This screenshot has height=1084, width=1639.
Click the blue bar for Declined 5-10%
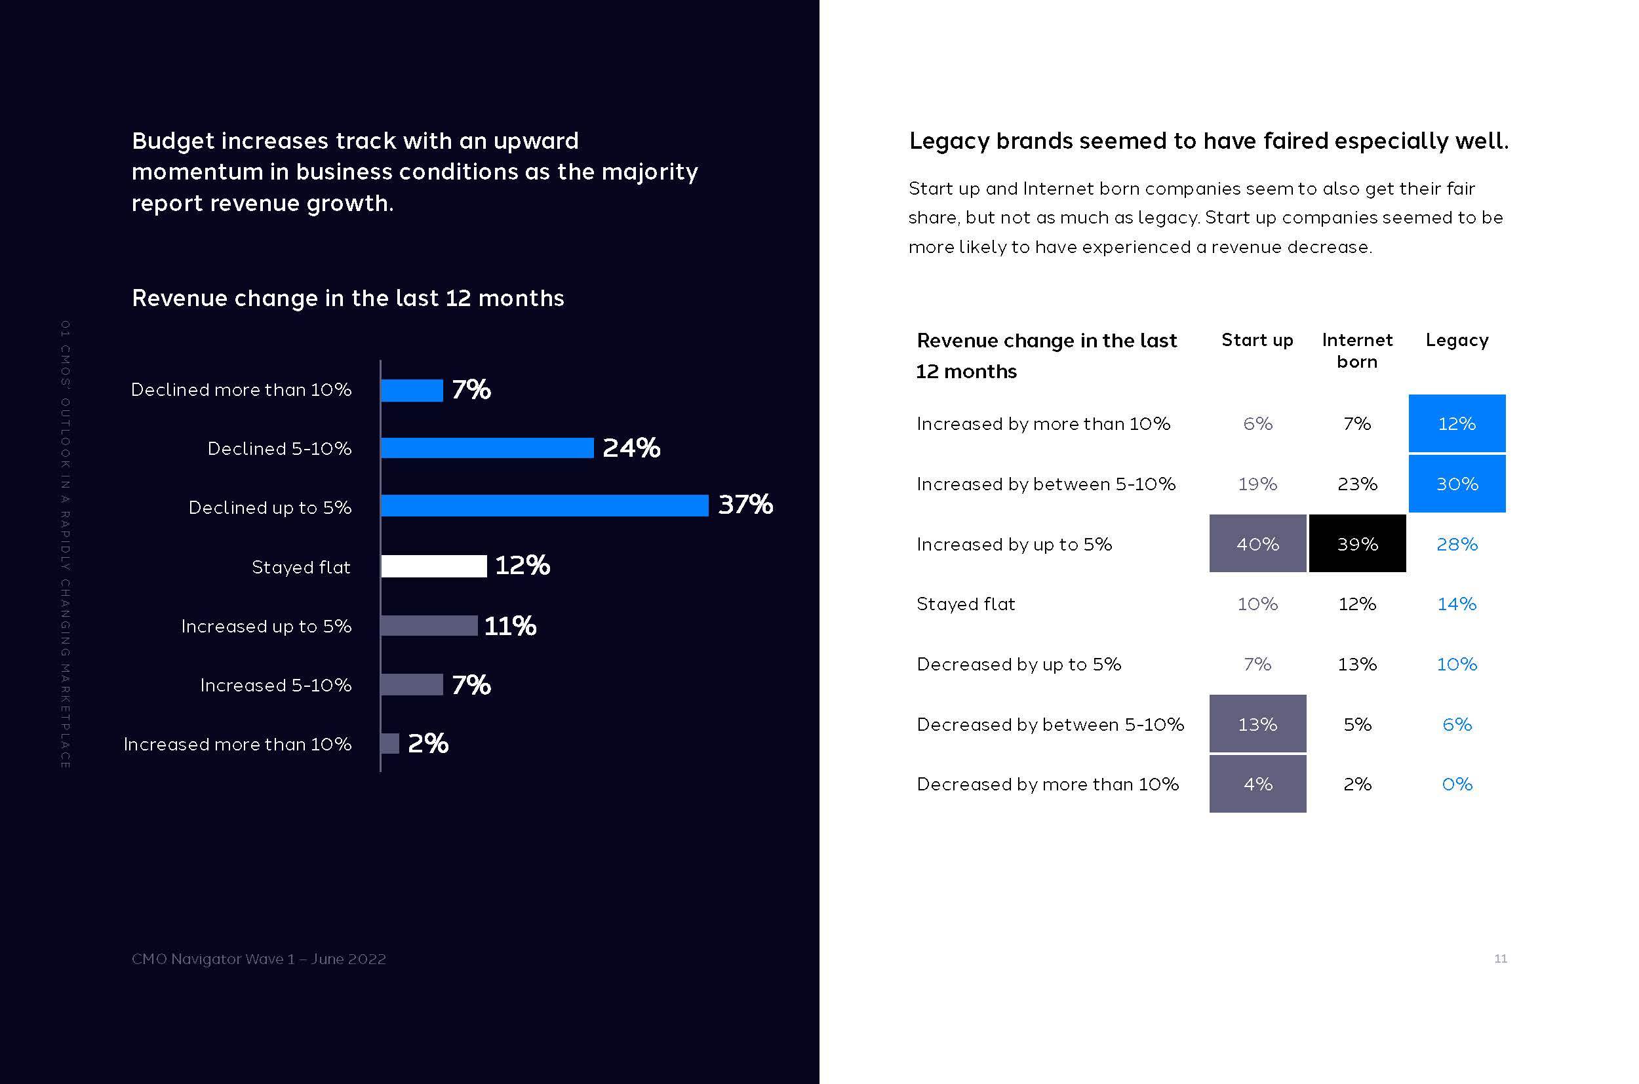tap(487, 448)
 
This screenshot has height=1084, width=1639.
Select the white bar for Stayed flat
tap(433, 566)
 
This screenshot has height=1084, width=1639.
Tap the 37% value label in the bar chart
tap(745, 505)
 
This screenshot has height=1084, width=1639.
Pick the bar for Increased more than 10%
tap(390, 744)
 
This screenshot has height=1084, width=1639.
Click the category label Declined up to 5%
tap(269, 508)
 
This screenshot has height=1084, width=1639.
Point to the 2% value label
tap(428, 744)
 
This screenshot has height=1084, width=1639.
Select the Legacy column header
tap(1457, 340)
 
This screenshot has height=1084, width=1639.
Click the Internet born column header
tap(1357, 351)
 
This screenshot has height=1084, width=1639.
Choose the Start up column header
tap(1257, 340)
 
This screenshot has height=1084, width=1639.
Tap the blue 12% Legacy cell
tap(1457, 424)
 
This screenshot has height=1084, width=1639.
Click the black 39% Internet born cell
tap(1357, 544)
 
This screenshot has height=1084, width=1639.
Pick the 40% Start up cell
tap(1257, 544)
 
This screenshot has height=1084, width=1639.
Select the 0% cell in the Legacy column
tap(1457, 784)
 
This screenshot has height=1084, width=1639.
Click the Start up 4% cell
tap(1257, 784)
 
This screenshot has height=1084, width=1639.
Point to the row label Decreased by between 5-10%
tap(1050, 724)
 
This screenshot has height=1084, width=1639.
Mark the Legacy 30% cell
tap(1457, 484)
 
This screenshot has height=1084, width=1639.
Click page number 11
tap(1500, 959)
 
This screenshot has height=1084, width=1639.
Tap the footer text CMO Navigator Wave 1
tap(259, 959)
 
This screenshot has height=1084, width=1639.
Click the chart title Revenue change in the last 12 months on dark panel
tap(348, 298)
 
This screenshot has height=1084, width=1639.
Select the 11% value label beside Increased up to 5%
tap(510, 627)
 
